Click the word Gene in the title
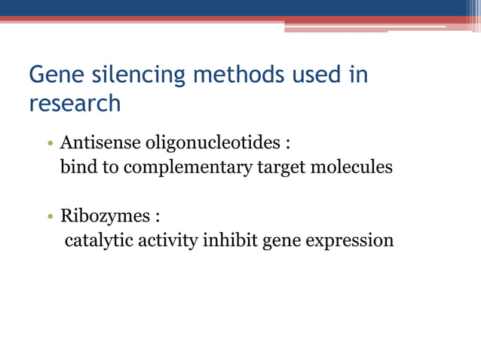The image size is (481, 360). tap(55, 76)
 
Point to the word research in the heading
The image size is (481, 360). tap(75, 103)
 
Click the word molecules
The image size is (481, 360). tap(351, 166)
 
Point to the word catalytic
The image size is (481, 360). tap(94, 241)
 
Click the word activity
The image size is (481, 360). tap(159, 241)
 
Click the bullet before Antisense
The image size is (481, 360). tap(49, 143)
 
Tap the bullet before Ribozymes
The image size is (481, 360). tap(49, 218)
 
